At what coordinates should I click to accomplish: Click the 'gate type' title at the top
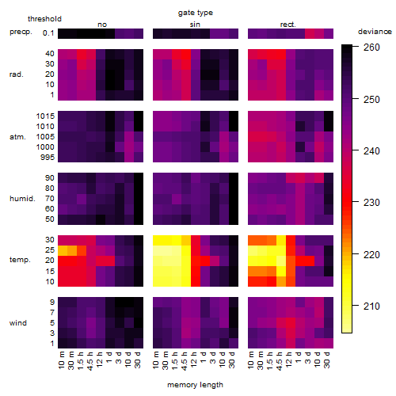(x=196, y=13)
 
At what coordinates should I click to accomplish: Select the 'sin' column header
(x=195, y=25)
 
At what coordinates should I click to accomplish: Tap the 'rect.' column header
(x=288, y=25)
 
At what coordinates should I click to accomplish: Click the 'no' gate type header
(x=102, y=25)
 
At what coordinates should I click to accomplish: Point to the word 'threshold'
(x=44, y=19)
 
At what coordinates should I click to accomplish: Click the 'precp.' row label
(x=21, y=32)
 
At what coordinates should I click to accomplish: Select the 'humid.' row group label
(x=22, y=199)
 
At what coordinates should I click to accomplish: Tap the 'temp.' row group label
(x=20, y=260)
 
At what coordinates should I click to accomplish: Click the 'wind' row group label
(x=18, y=323)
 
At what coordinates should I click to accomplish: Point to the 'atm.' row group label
(x=17, y=137)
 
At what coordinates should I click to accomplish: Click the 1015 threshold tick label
(x=45, y=116)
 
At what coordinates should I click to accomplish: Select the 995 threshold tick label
(x=48, y=158)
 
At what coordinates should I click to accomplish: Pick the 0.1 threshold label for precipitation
(x=48, y=33)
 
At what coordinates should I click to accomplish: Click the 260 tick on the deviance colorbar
(x=371, y=48)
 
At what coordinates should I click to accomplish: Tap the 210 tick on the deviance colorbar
(x=371, y=307)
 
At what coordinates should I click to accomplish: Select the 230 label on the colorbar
(x=371, y=203)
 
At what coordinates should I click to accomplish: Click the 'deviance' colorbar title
(x=375, y=32)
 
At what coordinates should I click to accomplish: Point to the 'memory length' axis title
(x=196, y=385)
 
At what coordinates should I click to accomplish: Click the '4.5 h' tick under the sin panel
(x=185, y=360)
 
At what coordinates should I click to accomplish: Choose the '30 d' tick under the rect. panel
(x=326, y=360)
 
